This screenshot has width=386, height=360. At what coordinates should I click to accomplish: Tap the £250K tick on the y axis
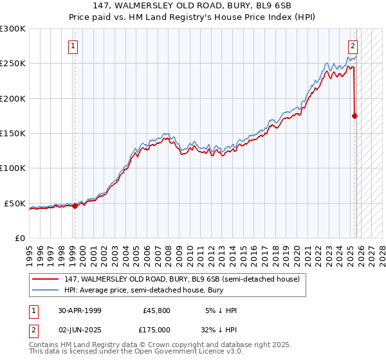13,64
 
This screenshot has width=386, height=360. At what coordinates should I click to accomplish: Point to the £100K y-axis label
13,168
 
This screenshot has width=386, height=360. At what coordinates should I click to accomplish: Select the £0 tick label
19,238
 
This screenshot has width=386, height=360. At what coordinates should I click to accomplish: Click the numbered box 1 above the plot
74,46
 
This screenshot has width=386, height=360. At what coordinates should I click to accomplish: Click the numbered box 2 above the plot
353,46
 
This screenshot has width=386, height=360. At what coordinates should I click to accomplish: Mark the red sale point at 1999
75,206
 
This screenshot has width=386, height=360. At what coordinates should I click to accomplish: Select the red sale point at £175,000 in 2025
354,116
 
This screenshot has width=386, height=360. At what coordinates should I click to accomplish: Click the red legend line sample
46,279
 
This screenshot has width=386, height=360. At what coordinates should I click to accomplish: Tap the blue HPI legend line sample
46,291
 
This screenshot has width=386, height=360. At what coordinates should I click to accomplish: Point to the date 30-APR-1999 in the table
79,310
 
